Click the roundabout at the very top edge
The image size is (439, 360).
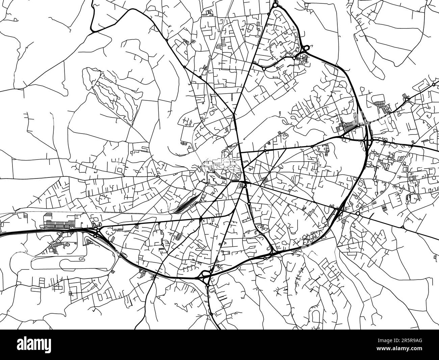tap(275, 5)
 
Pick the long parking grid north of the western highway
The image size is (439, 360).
tap(62, 223)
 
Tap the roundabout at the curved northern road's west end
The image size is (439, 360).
tap(264, 68)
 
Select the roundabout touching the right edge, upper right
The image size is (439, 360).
tap(434, 84)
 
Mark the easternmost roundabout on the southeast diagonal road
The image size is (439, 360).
tap(403, 227)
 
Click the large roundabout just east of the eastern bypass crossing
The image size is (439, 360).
tap(358, 214)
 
